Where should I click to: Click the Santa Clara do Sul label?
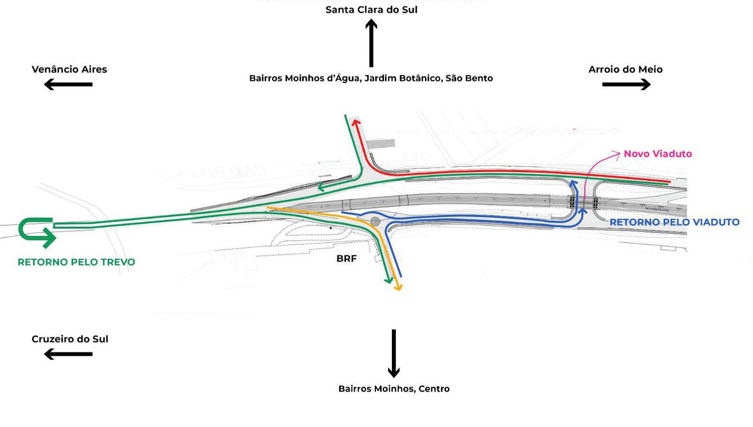[x=371, y=10]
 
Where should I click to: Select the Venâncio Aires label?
[x=69, y=69]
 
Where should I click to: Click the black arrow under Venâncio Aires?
[x=68, y=84]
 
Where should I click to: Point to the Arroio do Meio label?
[x=625, y=69]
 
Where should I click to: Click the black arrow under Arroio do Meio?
[x=626, y=84]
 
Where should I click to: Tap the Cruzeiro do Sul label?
[x=70, y=339]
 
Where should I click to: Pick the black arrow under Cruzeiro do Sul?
[x=68, y=354]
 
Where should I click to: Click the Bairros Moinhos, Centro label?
[x=394, y=388]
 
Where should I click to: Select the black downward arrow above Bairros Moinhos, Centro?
[x=394, y=353]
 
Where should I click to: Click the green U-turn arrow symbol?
[x=37, y=232]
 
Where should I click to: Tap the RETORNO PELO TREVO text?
[x=76, y=262]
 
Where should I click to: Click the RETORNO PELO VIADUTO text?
[x=675, y=222]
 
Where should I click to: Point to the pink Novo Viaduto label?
[x=657, y=154]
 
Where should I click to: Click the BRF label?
[x=347, y=258]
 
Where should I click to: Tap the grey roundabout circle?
[x=375, y=222]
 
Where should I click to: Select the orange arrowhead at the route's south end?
[x=398, y=287]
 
